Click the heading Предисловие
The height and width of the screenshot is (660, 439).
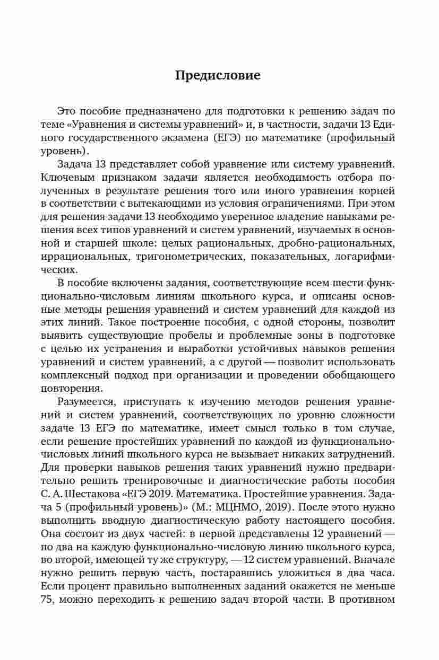(218, 75)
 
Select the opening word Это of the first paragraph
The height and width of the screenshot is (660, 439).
(66, 111)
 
